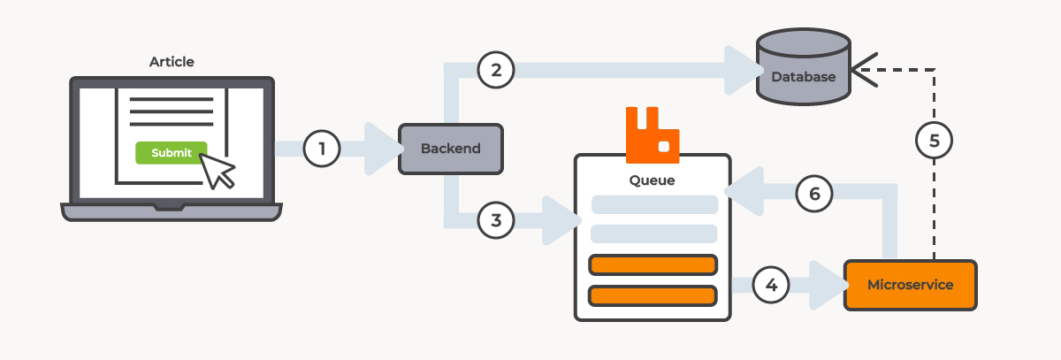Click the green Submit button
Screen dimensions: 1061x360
pos(172,152)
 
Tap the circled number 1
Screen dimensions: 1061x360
pos(322,149)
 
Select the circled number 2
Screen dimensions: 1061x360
pos(496,70)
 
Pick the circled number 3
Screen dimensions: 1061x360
pos(496,220)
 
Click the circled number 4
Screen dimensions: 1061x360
pos(771,285)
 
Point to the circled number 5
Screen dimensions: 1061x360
pos(934,141)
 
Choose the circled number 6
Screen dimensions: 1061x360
pos(814,193)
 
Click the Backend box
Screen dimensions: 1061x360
pos(451,149)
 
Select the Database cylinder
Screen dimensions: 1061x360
pos(804,67)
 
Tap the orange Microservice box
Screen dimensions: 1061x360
pos(911,285)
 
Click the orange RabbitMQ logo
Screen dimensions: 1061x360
pos(653,135)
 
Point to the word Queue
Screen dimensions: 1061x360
pos(652,180)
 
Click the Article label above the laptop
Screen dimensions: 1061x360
pos(172,62)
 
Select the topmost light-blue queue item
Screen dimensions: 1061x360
pos(654,204)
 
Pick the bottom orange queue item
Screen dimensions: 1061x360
pos(653,295)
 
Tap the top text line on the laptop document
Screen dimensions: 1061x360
pos(172,99)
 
